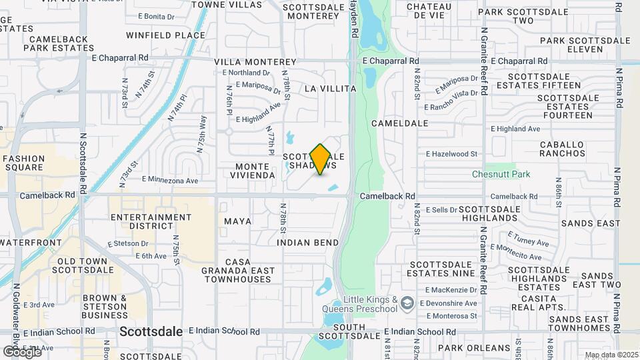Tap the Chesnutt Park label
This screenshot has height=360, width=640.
(501, 174)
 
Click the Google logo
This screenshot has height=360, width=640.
(22, 351)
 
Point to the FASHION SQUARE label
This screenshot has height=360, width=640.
(23, 163)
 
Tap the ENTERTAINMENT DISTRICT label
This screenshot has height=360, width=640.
(151, 222)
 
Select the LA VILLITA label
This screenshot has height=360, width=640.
(330, 88)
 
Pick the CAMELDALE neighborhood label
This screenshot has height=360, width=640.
(400, 123)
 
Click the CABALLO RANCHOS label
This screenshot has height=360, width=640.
(562, 148)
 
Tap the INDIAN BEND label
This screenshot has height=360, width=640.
(308, 243)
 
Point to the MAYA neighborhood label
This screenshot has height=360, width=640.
(238, 221)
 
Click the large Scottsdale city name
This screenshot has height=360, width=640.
(151, 331)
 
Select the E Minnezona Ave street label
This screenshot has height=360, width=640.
(170, 180)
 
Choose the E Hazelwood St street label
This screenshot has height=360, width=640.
(452, 153)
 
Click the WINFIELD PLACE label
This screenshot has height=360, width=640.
(166, 35)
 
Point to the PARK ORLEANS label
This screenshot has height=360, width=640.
(473, 348)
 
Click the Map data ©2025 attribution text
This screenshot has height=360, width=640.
(611, 355)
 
